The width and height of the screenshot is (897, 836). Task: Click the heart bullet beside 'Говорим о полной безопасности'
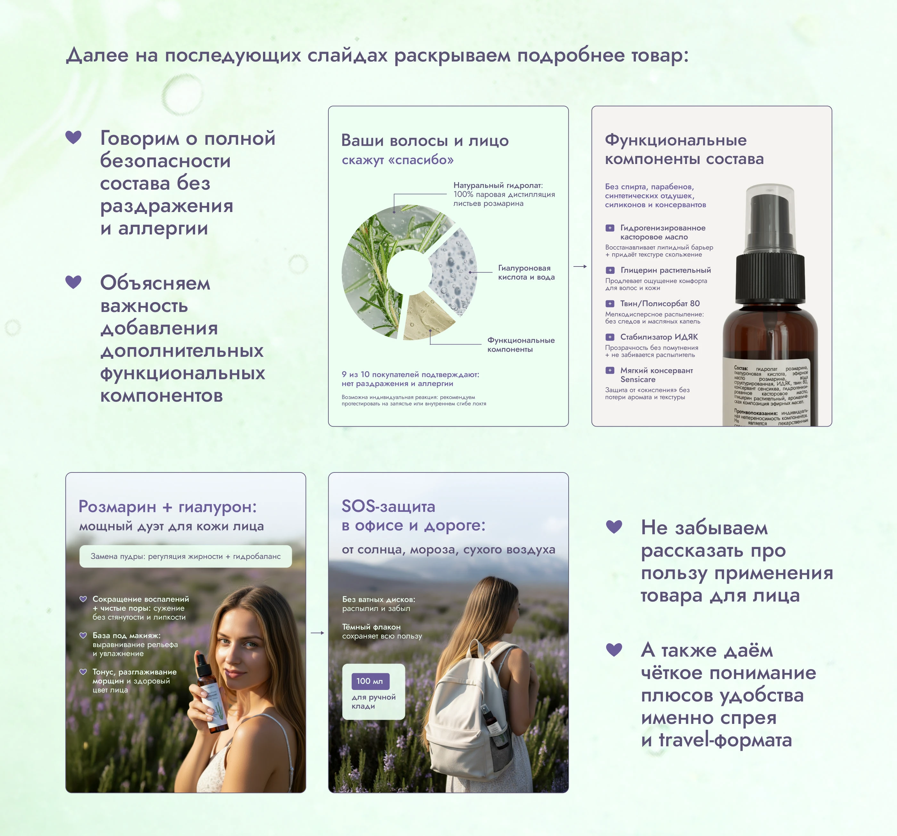tap(74, 137)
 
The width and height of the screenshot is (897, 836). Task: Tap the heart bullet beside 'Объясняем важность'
tap(74, 282)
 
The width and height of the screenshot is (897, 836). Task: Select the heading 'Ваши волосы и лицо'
tap(424, 140)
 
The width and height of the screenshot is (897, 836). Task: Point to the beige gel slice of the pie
tap(426, 316)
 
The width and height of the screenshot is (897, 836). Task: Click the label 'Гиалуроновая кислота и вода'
tap(526, 273)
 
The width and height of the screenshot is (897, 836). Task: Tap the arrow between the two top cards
tap(580, 266)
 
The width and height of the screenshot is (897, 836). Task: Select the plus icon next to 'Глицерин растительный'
tap(610, 270)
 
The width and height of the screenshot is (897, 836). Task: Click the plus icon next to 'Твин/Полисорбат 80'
tap(610, 304)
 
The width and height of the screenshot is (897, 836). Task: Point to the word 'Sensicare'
tap(638, 380)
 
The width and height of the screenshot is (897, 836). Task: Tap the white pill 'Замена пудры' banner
tap(185, 556)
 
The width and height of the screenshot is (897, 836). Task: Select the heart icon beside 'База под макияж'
tap(83, 635)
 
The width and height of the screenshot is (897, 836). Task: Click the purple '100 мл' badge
tap(370, 681)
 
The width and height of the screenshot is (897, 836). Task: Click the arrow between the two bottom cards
tap(317, 633)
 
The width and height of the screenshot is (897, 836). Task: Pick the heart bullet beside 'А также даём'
tap(613, 649)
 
